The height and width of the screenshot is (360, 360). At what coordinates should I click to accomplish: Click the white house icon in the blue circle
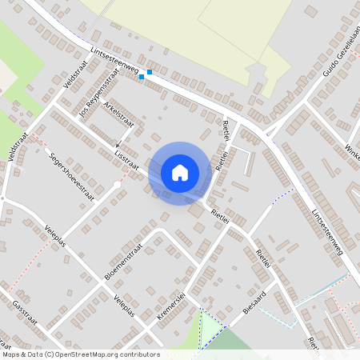(x=179, y=172)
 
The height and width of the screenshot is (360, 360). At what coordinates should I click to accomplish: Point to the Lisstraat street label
(x=126, y=159)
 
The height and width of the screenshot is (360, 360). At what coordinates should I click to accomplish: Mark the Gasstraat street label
(x=27, y=316)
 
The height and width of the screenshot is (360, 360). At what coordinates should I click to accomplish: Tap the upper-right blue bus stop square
(x=150, y=72)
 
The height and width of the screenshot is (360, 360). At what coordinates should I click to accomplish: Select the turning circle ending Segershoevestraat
(x=118, y=185)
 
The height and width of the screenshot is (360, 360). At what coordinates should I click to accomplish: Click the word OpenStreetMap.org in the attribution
(x=88, y=354)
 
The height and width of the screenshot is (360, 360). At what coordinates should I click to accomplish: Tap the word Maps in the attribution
(x=12, y=354)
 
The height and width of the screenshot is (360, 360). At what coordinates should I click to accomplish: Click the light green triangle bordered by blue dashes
(x=210, y=328)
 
